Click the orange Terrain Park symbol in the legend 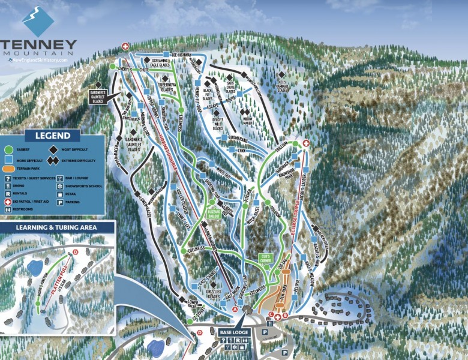click(8, 170)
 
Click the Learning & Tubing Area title click(57, 227)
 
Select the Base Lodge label click(234, 332)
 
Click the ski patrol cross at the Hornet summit click(125, 46)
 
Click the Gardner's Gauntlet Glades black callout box click(98, 96)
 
